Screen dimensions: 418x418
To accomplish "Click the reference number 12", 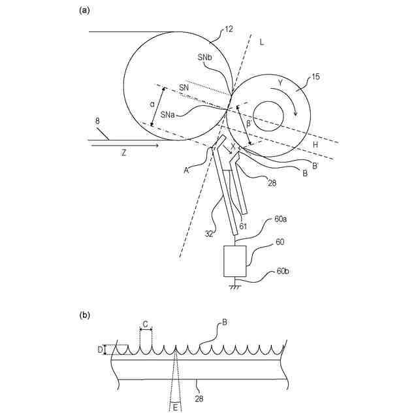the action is [x=229, y=29].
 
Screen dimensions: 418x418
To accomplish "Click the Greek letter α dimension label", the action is [x=152, y=103].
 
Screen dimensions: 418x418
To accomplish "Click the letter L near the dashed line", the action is [x=262, y=42].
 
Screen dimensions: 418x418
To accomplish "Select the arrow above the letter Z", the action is [x=124, y=146].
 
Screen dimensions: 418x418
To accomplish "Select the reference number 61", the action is [x=242, y=225].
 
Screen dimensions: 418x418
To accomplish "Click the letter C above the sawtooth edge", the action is [x=146, y=323].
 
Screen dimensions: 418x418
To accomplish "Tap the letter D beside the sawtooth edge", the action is [x=101, y=349].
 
